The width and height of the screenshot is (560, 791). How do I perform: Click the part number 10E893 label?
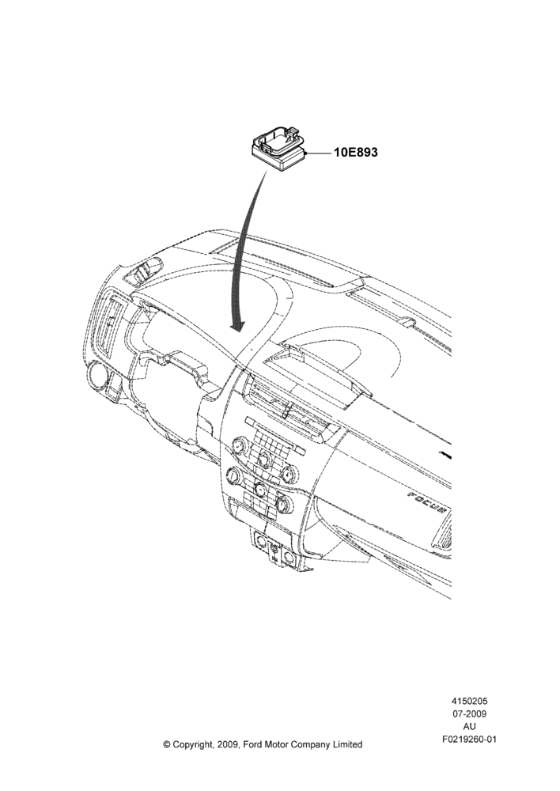click(354, 152)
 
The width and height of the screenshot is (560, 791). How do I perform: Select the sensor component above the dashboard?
click(279, 149)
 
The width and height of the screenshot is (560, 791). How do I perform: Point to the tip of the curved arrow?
click(237, 331)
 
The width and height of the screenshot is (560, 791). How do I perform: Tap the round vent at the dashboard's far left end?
click(96, 376)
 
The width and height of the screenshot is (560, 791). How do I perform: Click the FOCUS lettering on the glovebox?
click(427, 502)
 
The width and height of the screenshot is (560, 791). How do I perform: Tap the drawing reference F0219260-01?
click(469, 740)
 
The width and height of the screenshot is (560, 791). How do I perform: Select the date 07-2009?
click(469, 713)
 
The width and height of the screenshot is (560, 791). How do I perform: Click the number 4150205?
click(469, 701)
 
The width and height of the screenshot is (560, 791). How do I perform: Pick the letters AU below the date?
click(469, 727)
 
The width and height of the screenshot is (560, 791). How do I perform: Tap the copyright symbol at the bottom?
click(167, 744)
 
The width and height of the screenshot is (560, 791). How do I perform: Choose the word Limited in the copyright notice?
click(346, 744)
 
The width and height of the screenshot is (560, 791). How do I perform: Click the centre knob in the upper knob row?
click(263, 458)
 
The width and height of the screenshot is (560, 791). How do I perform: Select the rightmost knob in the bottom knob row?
click(283, 503)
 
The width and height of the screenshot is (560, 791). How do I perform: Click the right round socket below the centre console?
click(289, 557)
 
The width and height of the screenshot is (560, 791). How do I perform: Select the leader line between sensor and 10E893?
click(317, 152)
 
